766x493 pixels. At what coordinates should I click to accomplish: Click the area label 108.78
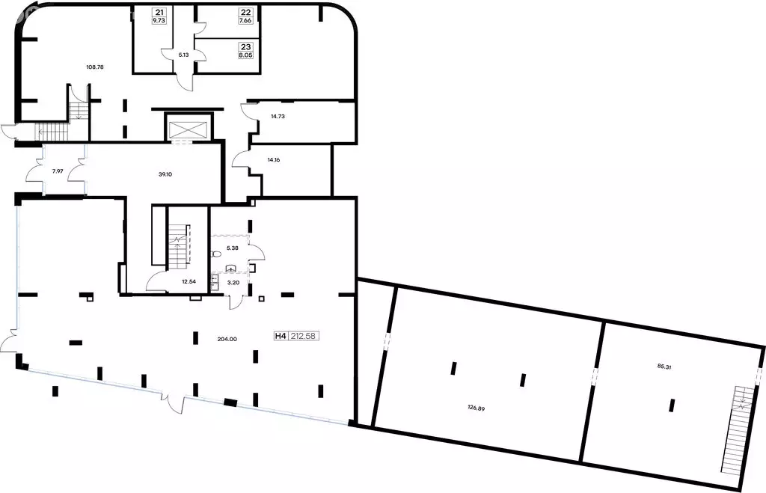(x=95, y=67)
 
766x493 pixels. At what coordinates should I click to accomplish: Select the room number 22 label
(x=245, y=12)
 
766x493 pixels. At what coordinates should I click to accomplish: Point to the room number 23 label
(x=245, y=47)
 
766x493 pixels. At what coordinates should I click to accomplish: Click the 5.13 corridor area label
(x=184, y=55)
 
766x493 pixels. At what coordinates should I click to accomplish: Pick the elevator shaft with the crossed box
(x=188, y=129)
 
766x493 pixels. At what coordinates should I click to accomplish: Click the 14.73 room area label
(x=278, y=117)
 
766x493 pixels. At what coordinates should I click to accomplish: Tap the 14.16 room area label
(x=274, y=160)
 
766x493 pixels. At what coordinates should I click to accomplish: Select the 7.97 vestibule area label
(x=58, y=171)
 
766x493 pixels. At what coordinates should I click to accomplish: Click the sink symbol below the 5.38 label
(x=232, y=269)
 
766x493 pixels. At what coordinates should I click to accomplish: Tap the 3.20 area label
(x=233, y=282)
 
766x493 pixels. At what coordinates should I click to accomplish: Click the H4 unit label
(x=281, y=336)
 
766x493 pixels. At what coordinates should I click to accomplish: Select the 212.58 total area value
(x=302, y=336)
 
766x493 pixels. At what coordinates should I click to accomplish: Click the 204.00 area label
(x=227, y=339)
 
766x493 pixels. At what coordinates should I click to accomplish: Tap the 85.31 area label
(x=664, y=367)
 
